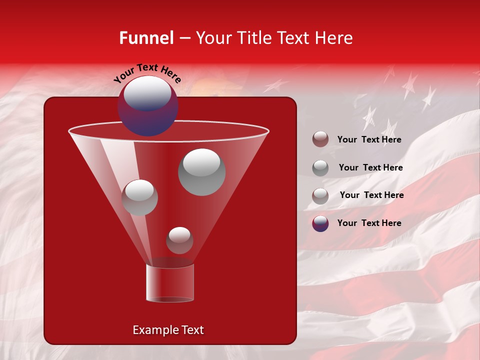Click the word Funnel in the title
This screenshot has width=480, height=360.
(x=146, y=38)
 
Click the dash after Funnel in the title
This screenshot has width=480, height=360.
(x=184, y=38)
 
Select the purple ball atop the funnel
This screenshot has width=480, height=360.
(x=147, y=106)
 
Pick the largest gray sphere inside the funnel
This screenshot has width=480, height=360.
(x=201, y=172)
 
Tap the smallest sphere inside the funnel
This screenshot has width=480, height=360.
(x=179, y=240)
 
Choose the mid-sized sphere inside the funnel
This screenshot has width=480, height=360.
(x=139, y=197)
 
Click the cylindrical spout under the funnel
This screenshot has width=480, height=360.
(x=170, y=282)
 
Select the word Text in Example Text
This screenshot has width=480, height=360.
(x=191, y=330)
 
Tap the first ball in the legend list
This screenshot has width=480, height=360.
(x=320, y=139)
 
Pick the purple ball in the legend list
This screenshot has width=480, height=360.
(x=320, y=223)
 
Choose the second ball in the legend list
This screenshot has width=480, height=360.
(x=320, y=168)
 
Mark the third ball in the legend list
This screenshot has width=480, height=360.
(x=320, y=196)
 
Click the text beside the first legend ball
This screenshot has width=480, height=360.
(x=369, y=140)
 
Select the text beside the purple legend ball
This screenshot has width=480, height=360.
(x=369, y=223)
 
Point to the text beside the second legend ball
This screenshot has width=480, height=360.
(x=370, y=168)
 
